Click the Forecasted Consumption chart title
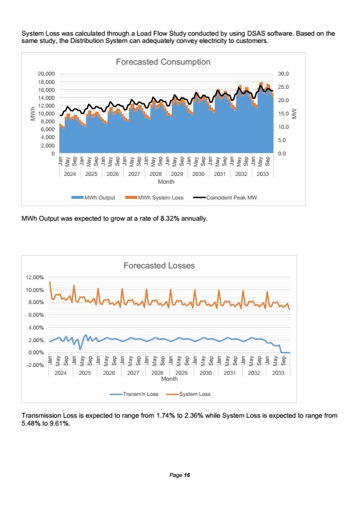(x=163, y=62)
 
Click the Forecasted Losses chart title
(x=159, y=265)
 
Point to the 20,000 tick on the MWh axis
(x=46, y=74)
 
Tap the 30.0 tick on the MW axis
(x=283, y=74)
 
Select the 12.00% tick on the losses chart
(x=34, y=277)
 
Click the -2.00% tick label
(x=34, y=365)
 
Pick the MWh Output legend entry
(x=93, y=198)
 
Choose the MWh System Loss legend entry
(x=154, y=198)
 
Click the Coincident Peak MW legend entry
(x=225, y=198)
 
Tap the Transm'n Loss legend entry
(x=134, y=394)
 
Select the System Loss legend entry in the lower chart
(x=188, y=394)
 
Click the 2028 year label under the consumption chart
(x=155, y=174)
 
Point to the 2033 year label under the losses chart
(x=278, y=373)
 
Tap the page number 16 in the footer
(x=187, y=475)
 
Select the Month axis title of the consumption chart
(x=166, y=182)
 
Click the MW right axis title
(x=295, y=114)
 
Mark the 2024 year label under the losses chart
(x=61, y=373)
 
